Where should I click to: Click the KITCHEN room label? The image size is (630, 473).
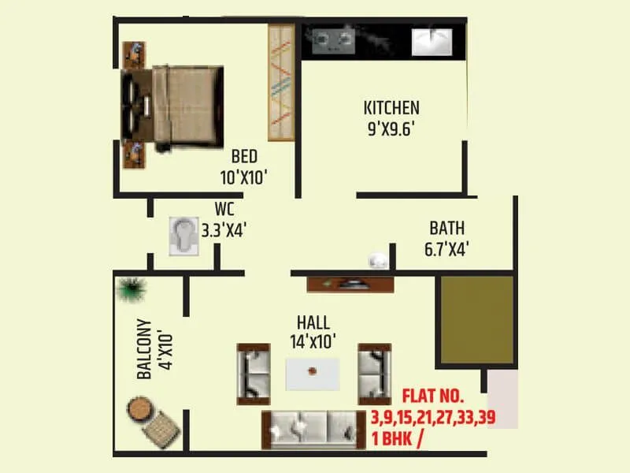point(391,108)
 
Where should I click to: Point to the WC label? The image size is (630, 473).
point(224,210)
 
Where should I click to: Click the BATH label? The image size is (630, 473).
point(447,229)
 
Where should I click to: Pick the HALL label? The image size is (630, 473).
point(313,322)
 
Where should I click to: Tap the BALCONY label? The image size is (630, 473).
point(144,349)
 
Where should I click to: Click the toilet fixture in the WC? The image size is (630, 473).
point(183,235)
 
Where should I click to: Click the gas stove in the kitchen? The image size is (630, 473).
point(332,39)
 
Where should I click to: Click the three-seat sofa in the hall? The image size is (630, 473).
point(313,430)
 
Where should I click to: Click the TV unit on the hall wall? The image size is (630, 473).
point(350,285)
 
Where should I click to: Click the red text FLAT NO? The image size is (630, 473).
point(434,397)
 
